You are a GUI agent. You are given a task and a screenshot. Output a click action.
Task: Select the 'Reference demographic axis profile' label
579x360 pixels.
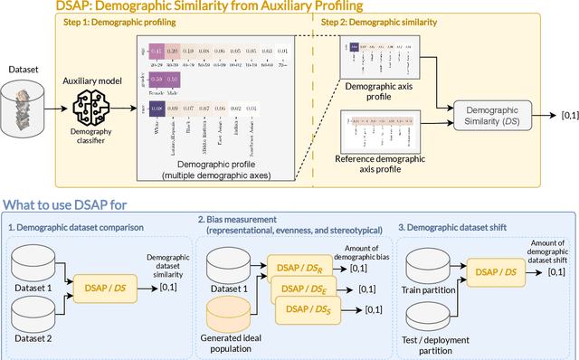[x=376, y=166]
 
